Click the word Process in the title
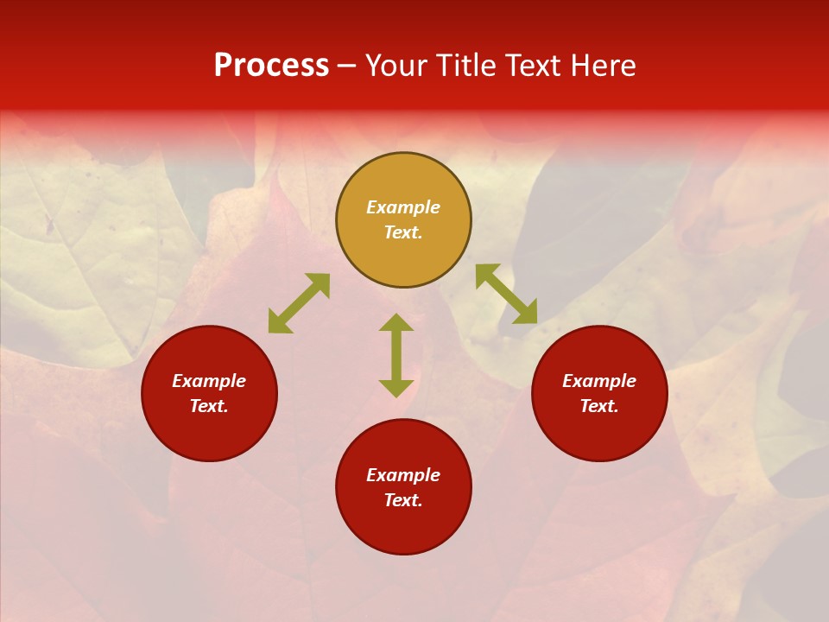(271, 66)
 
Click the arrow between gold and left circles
(299, 303)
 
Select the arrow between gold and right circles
(506, 294)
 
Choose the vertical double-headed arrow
(396, 355)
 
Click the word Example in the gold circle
(403, 207)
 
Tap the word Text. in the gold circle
(403, 232)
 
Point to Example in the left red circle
(209, 381)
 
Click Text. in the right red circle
(599, 406)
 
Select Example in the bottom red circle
(403, 475)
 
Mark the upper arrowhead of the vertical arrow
(396, 322)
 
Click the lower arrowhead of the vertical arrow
(396, 388)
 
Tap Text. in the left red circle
(209, 406)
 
